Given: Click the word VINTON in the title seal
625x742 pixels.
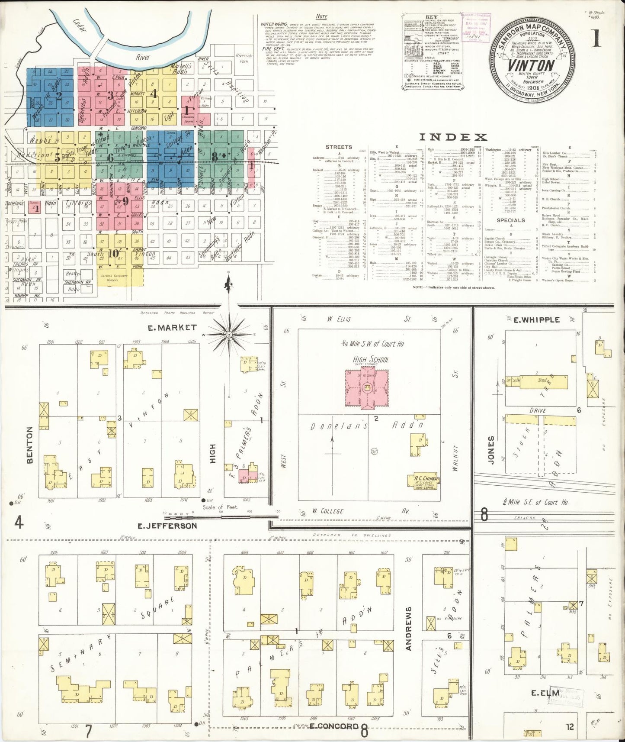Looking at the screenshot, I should [531, 65].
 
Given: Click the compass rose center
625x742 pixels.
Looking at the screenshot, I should [229, 335].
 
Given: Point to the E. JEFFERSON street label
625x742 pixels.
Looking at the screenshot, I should [167, 526].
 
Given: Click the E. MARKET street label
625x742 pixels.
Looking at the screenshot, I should [172, 328].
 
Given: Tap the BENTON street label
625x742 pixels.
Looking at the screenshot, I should [30, 445].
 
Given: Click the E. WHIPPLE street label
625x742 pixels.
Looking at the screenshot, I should [536, 320].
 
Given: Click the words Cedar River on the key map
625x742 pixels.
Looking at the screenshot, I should [143, 57].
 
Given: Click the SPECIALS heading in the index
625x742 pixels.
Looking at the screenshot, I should [510, 220].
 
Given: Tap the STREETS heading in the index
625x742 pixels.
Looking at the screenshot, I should [339, 147].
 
